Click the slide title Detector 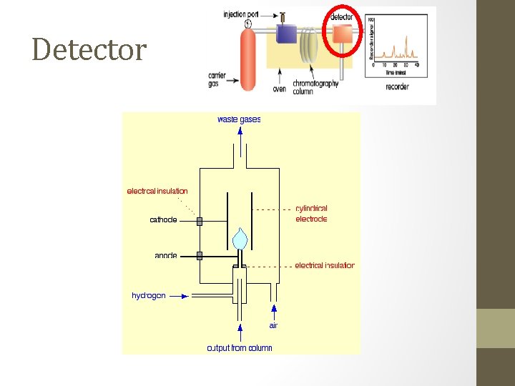[89, 50]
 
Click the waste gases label [239, 119]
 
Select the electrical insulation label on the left [157, 191]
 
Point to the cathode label [163, 219]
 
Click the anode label [165, 255]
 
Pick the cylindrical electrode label [311, 214]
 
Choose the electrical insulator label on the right [324, 265]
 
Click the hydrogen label [149, 295]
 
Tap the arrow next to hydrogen [180, 295]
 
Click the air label [273, 325]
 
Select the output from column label [240, 348]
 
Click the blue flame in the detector [241, 238]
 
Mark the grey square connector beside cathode [200, 221]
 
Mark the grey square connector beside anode [200, 255]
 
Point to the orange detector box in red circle [342, 34]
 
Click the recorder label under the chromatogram [397, 86]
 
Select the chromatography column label [315, 87]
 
